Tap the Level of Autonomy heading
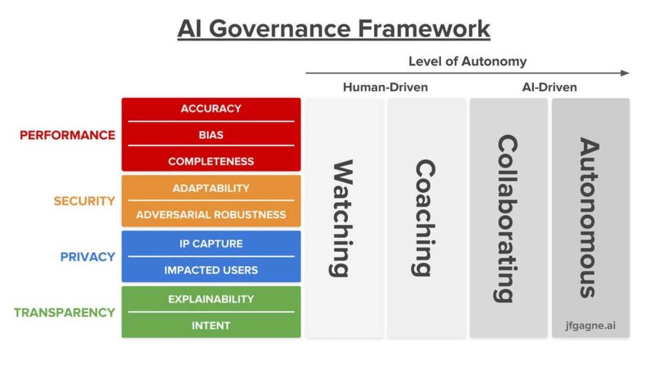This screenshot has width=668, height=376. click(467, 61)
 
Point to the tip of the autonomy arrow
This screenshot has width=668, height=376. click(627, 73)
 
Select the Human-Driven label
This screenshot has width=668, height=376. click(385, 87)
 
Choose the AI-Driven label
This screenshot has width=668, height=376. click(549, 87)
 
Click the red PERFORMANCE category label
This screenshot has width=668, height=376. click(67, 135)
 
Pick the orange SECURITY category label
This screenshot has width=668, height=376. click(84, 201)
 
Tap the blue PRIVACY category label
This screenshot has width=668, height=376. click(87, 257)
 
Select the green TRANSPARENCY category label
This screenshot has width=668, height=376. click(65, 312)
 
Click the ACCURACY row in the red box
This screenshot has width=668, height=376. click(211, 109)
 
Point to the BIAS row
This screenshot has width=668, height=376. click(211, 135)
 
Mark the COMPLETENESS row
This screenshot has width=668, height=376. click(211, 162)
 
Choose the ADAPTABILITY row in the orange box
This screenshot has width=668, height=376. click(211, 188)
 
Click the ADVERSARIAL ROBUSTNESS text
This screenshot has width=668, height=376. click(211, 214)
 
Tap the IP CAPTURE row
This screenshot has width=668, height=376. click(211, 243)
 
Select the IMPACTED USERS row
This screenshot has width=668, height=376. click(211, 270)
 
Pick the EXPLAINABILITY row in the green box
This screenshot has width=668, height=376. click(211, 299)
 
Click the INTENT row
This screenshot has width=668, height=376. click(211, 325)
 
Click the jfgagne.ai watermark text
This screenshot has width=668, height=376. click(591, 325)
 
